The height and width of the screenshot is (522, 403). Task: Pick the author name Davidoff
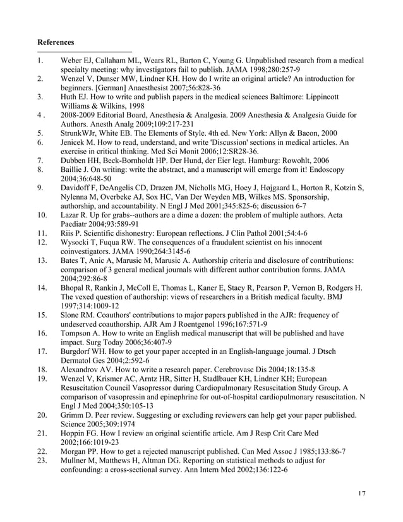78,188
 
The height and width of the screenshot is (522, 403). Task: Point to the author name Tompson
79,333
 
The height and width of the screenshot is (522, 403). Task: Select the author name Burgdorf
79,351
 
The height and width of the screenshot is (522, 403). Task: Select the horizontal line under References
85,52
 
